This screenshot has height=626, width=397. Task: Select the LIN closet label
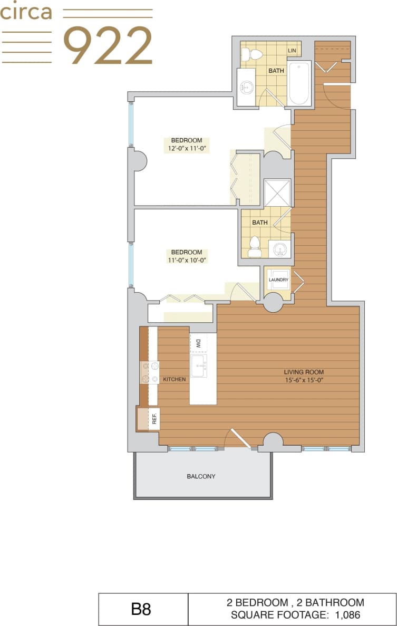(x=292, y=51)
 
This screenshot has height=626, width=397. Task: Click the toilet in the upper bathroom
(x=256, y=54)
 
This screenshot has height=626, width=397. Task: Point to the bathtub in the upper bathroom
(x=299, y=83)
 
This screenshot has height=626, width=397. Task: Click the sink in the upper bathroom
(x=247, y=88)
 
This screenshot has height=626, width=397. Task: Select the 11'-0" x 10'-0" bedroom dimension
(x=186, y=260)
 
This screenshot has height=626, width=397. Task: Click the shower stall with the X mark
(x=277, y=192)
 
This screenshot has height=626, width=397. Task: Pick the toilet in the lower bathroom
(x=255, y=246)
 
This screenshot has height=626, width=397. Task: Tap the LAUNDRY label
(x=278, y=280)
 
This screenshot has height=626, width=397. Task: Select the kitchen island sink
(x=199, y=366)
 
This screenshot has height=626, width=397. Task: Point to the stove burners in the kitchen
(x=149, y=372)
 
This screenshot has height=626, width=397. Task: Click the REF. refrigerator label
(x=154, y=419)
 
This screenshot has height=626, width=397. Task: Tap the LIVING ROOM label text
(x=303, y=371)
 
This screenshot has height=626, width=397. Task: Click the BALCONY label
(x=201, y=476)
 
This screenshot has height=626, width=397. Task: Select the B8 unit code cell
(x=141, y=609)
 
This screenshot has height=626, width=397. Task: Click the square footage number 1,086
(x=348, y=614)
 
